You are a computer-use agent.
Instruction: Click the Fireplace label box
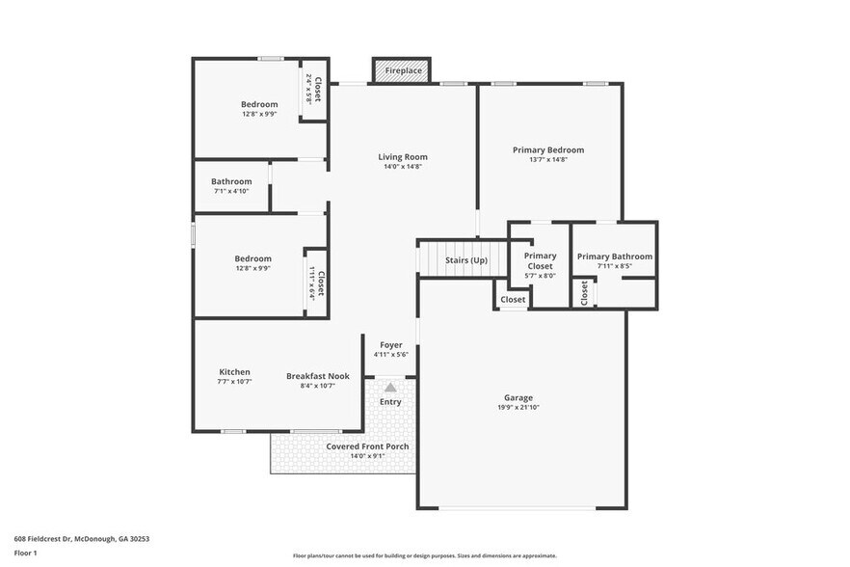[402, 71]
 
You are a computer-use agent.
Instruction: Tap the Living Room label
[402, 157]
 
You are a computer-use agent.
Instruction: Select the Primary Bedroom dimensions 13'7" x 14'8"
[547, 160]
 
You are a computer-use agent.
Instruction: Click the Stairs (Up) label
[465, 260]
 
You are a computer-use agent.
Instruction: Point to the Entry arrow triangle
[390, 387]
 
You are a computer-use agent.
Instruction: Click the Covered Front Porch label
[367, 446]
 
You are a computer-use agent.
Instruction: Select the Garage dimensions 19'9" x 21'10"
[518, 408]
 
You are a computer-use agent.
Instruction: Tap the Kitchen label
[234, 372]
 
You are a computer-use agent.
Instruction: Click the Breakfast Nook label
[317, 376]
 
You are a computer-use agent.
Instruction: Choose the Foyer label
[390, 345]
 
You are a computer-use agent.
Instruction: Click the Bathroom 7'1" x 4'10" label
[231, 181]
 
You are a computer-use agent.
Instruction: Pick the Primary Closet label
[540, 260]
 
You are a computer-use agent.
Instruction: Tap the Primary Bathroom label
[614, 256]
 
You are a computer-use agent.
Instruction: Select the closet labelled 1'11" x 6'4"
[315, 283]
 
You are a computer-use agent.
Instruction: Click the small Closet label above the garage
[513, 300]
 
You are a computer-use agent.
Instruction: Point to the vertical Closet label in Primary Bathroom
[584, 293]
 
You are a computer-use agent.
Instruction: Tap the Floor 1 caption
[25, 553]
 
